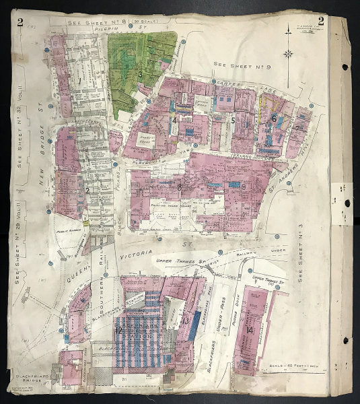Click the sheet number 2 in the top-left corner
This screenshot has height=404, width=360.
tap(21, 21)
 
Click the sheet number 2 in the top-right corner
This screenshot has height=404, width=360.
tap(321, 20)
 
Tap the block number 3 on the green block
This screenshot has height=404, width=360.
tap(140, 75)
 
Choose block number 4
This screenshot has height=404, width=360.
tap(174, 120)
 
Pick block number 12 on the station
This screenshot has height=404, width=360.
tap(118, 330)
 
